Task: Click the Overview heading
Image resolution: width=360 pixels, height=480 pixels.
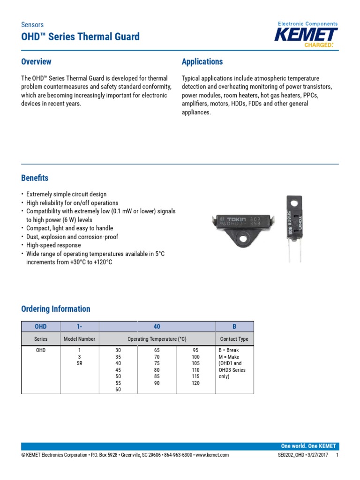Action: pyautogui.click(x=36, y=62)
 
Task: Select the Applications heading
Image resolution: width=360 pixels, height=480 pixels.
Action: pyautogui.click(x=202, y=62)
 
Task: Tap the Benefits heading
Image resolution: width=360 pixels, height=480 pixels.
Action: pyautogui.click(x=35, y=178)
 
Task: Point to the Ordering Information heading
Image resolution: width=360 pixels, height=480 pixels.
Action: pyautogui.click(x=56, y=309)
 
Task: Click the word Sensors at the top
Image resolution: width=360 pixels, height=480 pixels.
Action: pyautogui.click(x=32, y=24)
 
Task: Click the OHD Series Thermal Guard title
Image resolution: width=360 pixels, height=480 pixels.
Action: pyautogui.click(x=80, y=37)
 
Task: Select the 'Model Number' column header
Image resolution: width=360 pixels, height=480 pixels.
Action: pyautogui.click(x=79, y=339)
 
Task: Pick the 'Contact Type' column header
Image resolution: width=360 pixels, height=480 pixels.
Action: pyautogui.click(x=234, y=339)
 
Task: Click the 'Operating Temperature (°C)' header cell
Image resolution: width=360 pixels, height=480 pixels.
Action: pyautogui.click(x=157, y=339)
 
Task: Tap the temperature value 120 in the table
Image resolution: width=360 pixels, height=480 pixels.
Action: pyautogui.click(x=195, y=383)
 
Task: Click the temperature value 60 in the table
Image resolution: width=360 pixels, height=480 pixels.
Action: pyautogui.click(x=118, y=390)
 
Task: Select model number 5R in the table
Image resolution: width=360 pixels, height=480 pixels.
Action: pyautogui.click(x=79, y=363)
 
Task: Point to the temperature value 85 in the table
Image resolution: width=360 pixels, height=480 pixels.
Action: pyautogui.click(x=157, y=376)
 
